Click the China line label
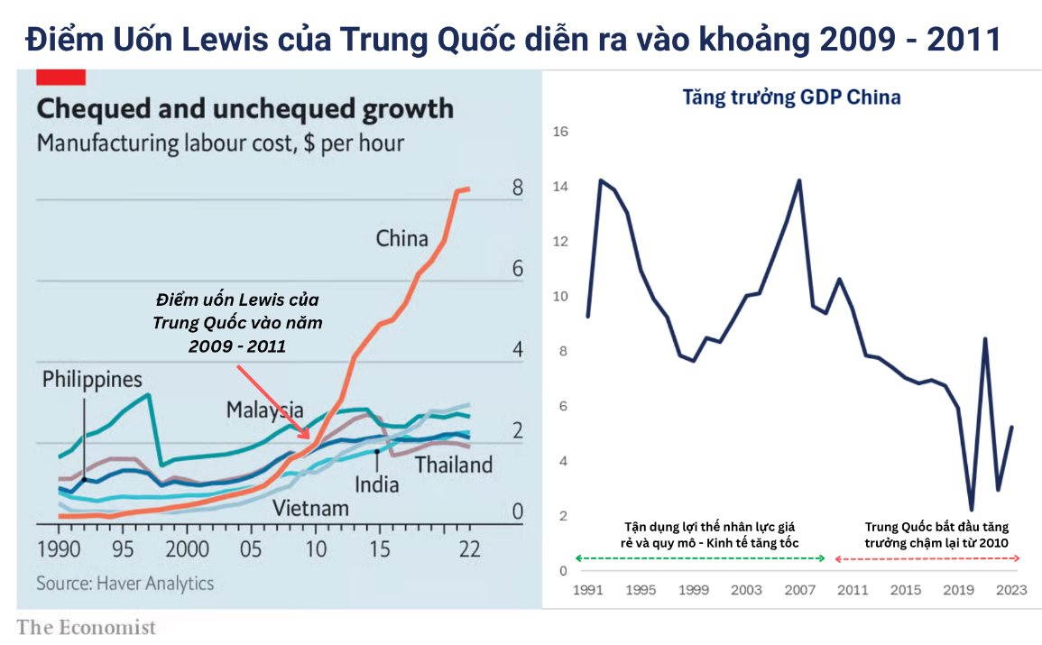(x=401, y=239)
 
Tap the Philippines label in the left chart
(x=92, y=380)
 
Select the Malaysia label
(x=264, y=410)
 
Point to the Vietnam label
(x=310, y=508)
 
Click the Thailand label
(x=454, y=465)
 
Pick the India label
(x=376, y=484)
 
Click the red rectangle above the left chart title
(x=60, y=77)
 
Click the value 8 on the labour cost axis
(x=517, y=189)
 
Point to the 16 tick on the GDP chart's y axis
(x=559, y=132)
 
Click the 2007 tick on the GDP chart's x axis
(x=798, y=590)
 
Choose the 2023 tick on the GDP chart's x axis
(x=1010, y=590)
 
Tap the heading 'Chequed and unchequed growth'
(x=244, y=110)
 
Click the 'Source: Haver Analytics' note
(x=125, y=583)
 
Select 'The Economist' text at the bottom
(x=87, y=628)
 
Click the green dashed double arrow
(x=700, y=559)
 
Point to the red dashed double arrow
(x=927, y=559)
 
